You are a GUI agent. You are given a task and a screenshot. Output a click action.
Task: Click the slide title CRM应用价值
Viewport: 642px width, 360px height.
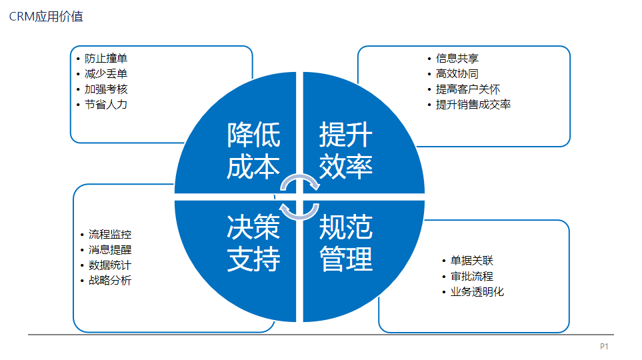point(46,17)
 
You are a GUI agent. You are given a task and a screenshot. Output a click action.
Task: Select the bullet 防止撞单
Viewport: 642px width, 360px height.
point(106,59)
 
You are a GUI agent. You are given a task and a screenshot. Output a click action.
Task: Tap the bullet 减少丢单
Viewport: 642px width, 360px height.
point(106,74)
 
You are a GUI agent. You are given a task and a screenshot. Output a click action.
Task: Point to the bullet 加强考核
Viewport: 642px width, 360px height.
point(106,89)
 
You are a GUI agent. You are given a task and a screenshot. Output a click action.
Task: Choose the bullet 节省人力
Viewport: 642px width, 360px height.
point(106,105)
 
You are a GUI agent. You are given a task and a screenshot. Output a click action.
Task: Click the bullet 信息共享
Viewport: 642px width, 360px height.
point(457,59)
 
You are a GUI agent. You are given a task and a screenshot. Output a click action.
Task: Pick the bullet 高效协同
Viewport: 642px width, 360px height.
point(457,74)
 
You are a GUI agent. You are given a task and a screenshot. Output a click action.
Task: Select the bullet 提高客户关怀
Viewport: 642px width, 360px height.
point(468,89)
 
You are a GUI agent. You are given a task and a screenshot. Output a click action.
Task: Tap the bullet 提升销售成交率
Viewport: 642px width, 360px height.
point(473,105)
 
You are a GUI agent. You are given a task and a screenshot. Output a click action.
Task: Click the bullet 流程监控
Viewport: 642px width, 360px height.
point(110,234)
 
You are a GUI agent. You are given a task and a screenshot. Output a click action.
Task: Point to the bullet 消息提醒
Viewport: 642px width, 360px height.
point(110,250)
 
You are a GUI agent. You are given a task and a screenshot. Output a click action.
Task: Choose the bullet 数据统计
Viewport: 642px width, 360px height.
point(110,265)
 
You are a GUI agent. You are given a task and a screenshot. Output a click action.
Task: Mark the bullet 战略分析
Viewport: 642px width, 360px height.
point(110,281)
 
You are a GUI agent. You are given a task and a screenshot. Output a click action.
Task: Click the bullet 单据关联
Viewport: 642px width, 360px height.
point(472,261)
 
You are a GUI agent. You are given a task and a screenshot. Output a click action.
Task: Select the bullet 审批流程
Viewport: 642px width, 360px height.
point(472,277)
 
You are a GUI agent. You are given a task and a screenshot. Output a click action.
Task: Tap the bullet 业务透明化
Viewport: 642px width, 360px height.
point(477,291)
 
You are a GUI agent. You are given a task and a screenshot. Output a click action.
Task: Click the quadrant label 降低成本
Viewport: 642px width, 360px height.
point(253,151)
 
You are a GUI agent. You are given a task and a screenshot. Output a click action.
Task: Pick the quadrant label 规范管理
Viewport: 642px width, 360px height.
point(346,243)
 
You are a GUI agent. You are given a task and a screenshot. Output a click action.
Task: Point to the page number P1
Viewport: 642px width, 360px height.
point(604,347)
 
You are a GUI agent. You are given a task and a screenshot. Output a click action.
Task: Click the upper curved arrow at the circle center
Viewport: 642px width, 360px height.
point(300,176)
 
